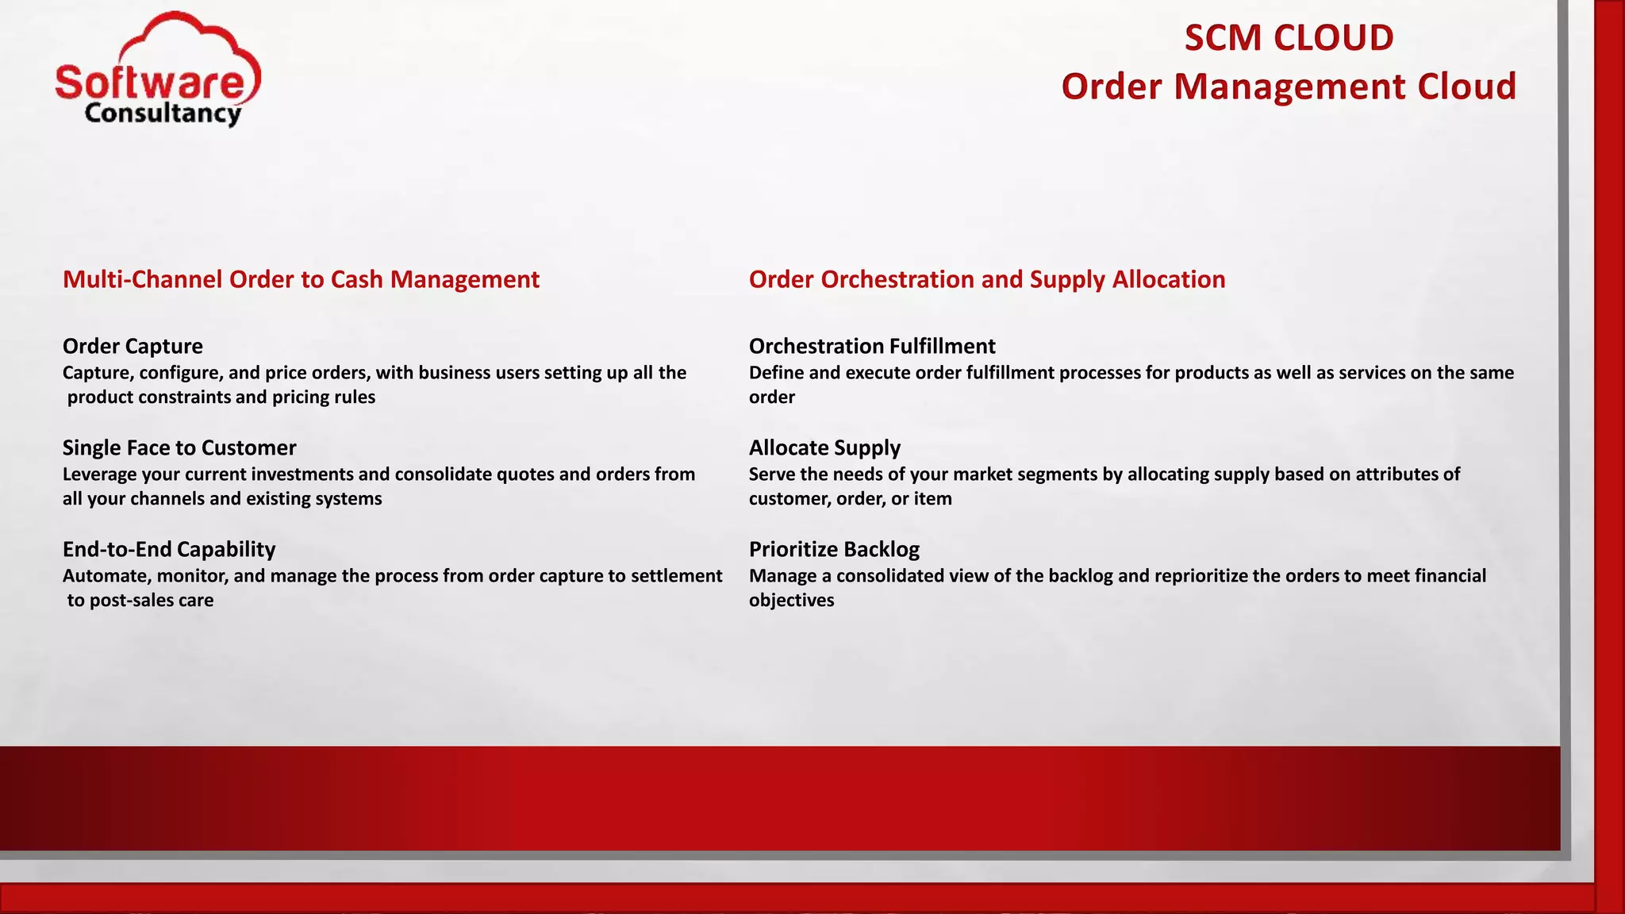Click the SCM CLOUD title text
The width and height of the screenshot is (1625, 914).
1289,38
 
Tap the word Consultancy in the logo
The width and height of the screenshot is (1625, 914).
163,113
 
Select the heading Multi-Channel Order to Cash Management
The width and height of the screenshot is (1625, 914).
301,279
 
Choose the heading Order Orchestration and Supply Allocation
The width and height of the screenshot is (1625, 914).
986,279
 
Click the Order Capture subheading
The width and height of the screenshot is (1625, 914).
133,346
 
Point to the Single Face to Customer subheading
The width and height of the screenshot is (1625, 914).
179,447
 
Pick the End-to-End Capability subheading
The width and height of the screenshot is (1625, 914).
169,549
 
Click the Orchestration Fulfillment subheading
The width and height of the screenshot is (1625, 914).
872,346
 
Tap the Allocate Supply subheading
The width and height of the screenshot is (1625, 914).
824,447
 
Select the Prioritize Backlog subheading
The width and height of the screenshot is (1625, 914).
834,549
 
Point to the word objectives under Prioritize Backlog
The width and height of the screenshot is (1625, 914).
791,601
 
